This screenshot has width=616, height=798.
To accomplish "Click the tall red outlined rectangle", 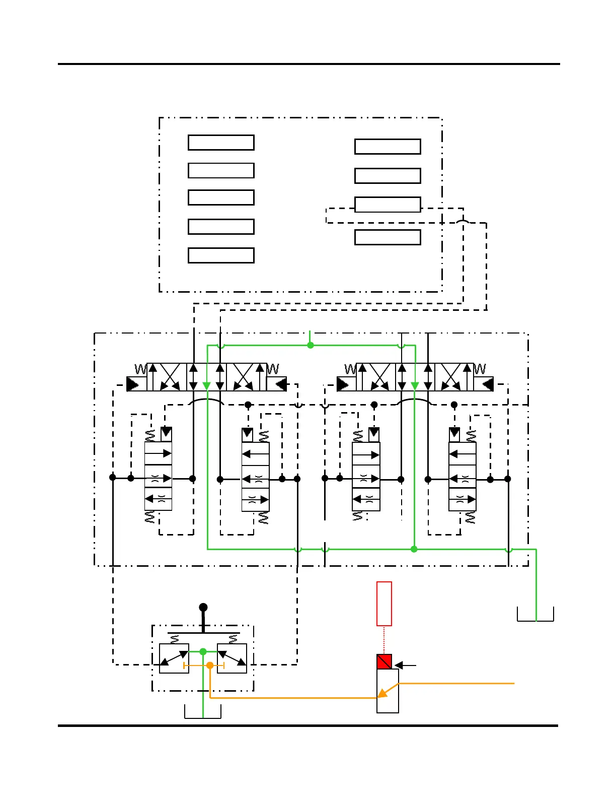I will click(384, 604).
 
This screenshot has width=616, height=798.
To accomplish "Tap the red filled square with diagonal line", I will click(384, 661).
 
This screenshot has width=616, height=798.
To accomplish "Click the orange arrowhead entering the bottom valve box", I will click(382, 694).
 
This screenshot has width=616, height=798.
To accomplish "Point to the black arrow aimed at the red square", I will click(405, 666).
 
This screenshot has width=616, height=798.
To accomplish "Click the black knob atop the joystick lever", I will click(203, 608).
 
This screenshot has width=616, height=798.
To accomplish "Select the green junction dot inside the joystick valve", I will click(203, 651).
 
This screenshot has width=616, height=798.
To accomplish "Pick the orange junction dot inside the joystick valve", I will click(210, 666).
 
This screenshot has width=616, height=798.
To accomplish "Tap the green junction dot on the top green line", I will click(311, 345).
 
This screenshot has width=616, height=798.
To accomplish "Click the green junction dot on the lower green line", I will click(414, 549).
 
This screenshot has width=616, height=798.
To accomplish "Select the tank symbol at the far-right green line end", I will click(535, 615).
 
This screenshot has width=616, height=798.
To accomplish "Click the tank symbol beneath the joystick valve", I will click(203, 712).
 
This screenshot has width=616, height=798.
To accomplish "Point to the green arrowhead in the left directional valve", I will click(207, 386).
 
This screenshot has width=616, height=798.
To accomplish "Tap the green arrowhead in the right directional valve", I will click(415, 386).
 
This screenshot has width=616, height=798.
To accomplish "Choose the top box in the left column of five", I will click(221, 143).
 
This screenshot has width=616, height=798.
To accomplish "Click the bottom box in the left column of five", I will click(221, 255).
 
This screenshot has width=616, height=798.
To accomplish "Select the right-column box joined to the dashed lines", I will click(388, 205).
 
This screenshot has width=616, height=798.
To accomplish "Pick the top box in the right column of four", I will click(388, 147).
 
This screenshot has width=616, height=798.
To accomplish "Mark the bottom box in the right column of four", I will click(388, 237).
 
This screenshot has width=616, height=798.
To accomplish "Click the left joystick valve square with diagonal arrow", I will click(174, 658).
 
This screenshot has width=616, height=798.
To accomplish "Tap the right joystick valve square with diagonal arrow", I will click(232, 658).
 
